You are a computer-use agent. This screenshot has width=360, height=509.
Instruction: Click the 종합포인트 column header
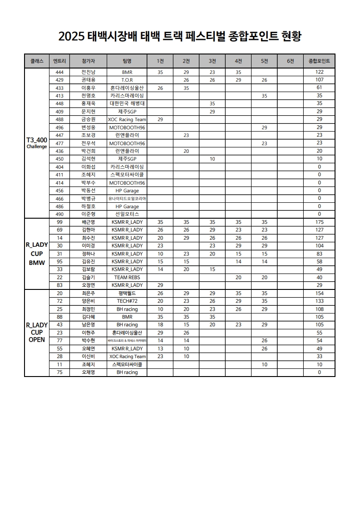pyautogui.click(x=319, y=61)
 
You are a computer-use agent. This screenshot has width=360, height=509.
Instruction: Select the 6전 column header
pyautogui.click(x=290, y=61)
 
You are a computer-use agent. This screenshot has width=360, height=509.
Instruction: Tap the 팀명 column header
pyautogui.click(x=127, y=61)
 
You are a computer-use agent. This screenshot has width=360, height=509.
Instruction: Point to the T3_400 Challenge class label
pyautogui.click(x=36, y=142)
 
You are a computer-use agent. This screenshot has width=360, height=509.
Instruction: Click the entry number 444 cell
pyautogui.click(x=59, y=72)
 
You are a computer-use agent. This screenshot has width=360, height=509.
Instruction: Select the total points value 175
pyautogui.click(x=319, y=222)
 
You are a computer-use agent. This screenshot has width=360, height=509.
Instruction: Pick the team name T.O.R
pyautogui.click(x=127, y=80)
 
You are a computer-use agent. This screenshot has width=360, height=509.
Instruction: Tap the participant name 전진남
pyautogui.click(x=88, y=72)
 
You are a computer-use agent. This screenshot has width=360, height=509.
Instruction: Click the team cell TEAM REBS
pyautogui.click(x=127, y=277)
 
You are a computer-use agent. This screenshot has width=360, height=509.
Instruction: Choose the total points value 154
pyautogui.click(x=319, y=293)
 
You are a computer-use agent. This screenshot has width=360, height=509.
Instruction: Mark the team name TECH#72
pyautogui.click(x=127, y=301)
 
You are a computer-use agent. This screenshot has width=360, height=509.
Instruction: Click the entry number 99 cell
pyautogui.click(x=59, y=222)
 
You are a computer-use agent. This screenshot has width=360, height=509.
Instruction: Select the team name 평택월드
pyautogui.click(x=127, y=293)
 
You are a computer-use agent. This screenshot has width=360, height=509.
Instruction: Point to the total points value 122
pyautogui.click(x=319, y=72)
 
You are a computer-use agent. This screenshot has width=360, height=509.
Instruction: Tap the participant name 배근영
pyautogui.click(x=88, y=222)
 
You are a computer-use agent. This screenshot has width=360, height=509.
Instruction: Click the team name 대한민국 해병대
pyautogui.click(x=127, y=103)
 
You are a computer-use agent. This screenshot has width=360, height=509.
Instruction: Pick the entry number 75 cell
pyautogui.click(x=59, y=372)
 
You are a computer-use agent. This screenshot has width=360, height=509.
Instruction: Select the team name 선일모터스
pyautogui.click(x=127, y=214)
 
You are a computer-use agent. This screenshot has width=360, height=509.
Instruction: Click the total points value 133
pyautogui.click(x=319, y=301)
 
